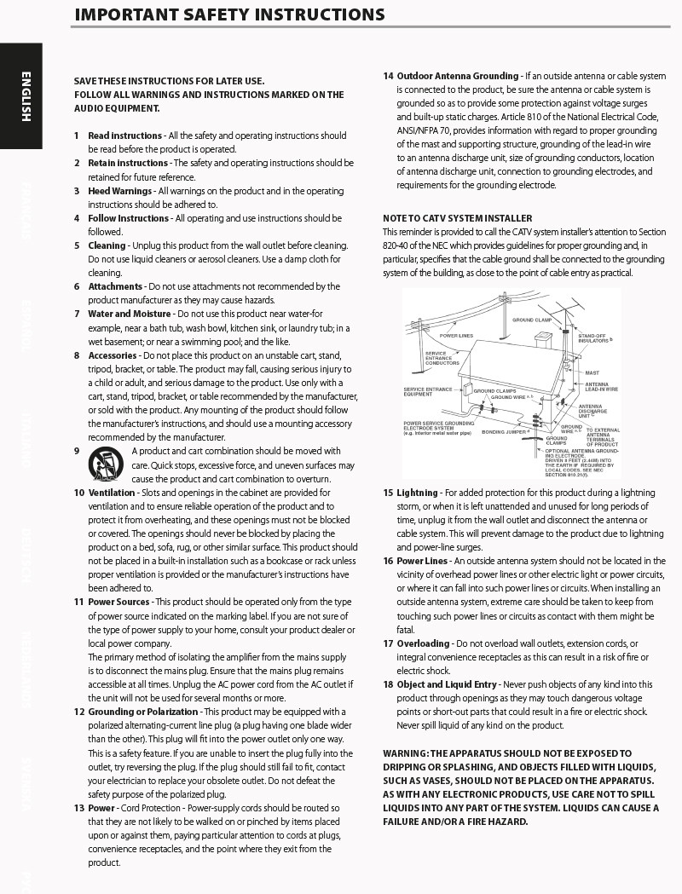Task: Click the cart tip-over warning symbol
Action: (106, 464)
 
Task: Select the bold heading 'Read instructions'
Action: (124, 136)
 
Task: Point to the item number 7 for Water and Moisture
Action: (77, 314)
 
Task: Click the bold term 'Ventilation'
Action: (112, 493)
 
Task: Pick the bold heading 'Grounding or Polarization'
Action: (144, 712)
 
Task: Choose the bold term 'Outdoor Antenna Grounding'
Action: (458, 76)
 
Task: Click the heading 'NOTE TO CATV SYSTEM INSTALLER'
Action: (457, 218)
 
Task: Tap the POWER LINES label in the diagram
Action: (456, 336)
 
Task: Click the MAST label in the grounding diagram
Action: (592, 373)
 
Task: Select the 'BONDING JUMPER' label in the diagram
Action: (504, 432)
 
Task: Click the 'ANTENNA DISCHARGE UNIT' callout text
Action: (592, 411)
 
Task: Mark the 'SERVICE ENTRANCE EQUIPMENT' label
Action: (427, 392)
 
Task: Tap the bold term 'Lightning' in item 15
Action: (417, 493)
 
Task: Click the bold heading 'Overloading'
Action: (423, 643)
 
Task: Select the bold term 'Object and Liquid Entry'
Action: (448, 684)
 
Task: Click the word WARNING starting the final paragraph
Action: (404, 753)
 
